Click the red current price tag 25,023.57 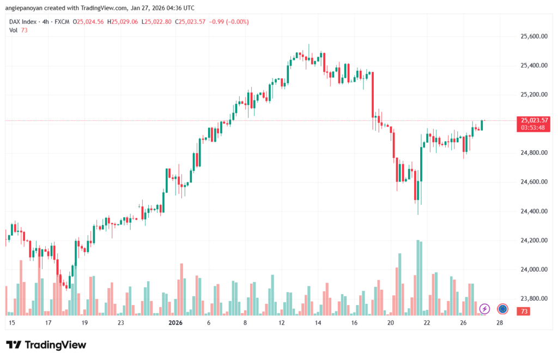point(534,120)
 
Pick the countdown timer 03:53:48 point(534,127)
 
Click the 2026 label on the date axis point(175,322)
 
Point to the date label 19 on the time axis point(84,322)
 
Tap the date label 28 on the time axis point(499,322)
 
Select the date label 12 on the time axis point(281,322)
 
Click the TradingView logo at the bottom point(46,345)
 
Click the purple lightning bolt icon point(484,309)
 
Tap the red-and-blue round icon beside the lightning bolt point(502,309)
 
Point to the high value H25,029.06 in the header point(123,22)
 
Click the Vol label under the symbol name point(14,30)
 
